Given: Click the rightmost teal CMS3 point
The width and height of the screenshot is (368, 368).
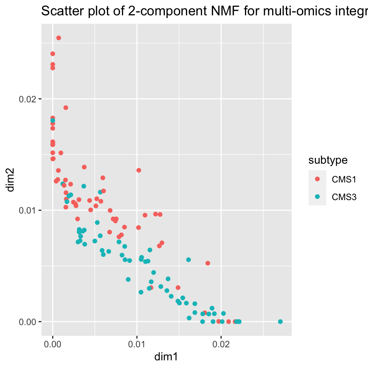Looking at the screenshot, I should [280, 322].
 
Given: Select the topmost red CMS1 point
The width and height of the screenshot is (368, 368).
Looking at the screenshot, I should [59, 38].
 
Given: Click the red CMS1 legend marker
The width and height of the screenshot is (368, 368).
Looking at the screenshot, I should [317, 179].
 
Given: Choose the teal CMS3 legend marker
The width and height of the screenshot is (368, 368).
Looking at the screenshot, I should [317, 197].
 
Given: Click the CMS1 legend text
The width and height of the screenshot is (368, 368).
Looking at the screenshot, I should [344, 179].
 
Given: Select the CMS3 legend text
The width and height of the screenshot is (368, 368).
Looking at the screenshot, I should [344, 197].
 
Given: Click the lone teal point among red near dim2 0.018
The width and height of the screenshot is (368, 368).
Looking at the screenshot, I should [53, 120].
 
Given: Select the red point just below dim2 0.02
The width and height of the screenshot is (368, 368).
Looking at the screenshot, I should [66, 108].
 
